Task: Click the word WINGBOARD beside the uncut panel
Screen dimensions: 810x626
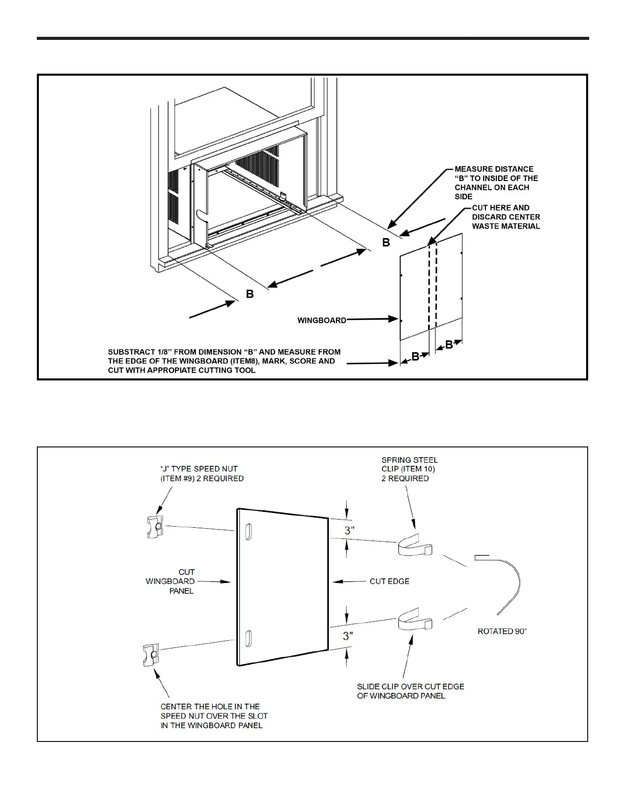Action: click(322, 321)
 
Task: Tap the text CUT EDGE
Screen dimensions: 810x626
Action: click(389, 581)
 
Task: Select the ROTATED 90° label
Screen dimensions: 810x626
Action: click(502, 632)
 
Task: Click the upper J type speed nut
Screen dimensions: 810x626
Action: click(154, 527)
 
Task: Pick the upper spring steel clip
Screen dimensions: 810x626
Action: click(414, 547)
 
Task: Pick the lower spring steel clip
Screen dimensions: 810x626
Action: click(415, 620)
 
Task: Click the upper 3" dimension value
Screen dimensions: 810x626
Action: click(349, 531)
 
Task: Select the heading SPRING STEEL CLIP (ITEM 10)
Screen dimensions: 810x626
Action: click(409, 464)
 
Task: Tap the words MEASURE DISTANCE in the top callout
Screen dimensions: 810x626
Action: click(494, 169)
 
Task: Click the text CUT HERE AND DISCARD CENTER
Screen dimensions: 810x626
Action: click(505, 212)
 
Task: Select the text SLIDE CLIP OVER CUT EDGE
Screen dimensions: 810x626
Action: click(410, 687)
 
